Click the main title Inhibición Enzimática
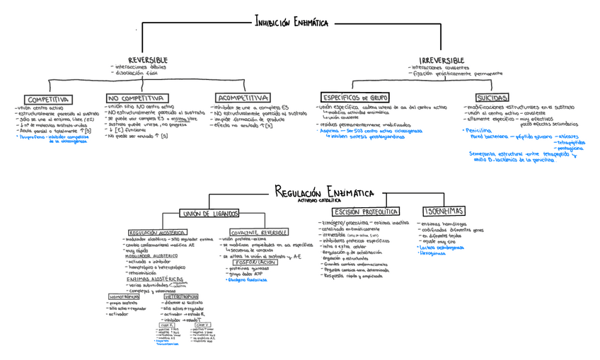(x=292, y=23)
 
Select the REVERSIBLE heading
(x=148, y=61)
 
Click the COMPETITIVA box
(x=47, y=99)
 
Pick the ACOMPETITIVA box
(x=243, y=98)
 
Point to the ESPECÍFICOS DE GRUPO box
(x=354, y=97)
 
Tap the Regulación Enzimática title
(x=324, y=191)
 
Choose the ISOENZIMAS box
(x=444, y=211)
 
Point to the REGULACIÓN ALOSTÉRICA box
(x=157, y=232)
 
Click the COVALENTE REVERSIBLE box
(x=259, y=232)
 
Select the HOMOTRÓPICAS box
(x=125, y=296)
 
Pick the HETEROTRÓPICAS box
(x=180, y=296)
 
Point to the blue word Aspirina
(x=330, y=131)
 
